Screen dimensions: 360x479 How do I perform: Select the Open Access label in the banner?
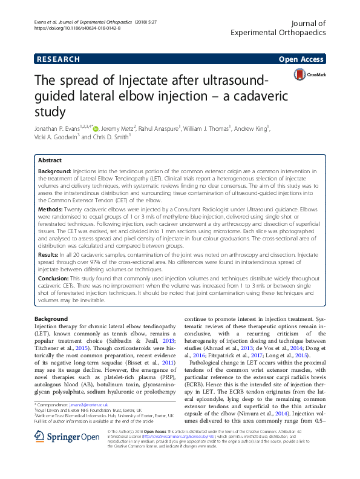303,59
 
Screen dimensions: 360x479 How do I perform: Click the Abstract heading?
49,160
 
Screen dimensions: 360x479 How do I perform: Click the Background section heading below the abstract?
51,319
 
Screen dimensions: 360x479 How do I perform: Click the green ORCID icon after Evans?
96,128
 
